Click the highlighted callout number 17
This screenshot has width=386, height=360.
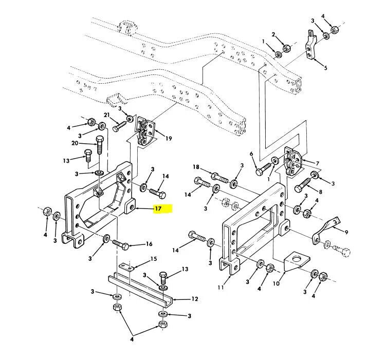(x=158, y=209)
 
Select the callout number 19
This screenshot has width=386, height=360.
(x=169, y=138)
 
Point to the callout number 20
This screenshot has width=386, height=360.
(x=76, y=143)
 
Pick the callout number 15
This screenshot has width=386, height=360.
(x=154, y=259)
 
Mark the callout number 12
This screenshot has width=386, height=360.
(x=195, y=298)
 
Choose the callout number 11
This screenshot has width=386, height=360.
(x=220, y=288)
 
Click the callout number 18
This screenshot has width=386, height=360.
(x=196, y=167)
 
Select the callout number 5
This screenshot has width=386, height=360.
(x=324, y=67)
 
